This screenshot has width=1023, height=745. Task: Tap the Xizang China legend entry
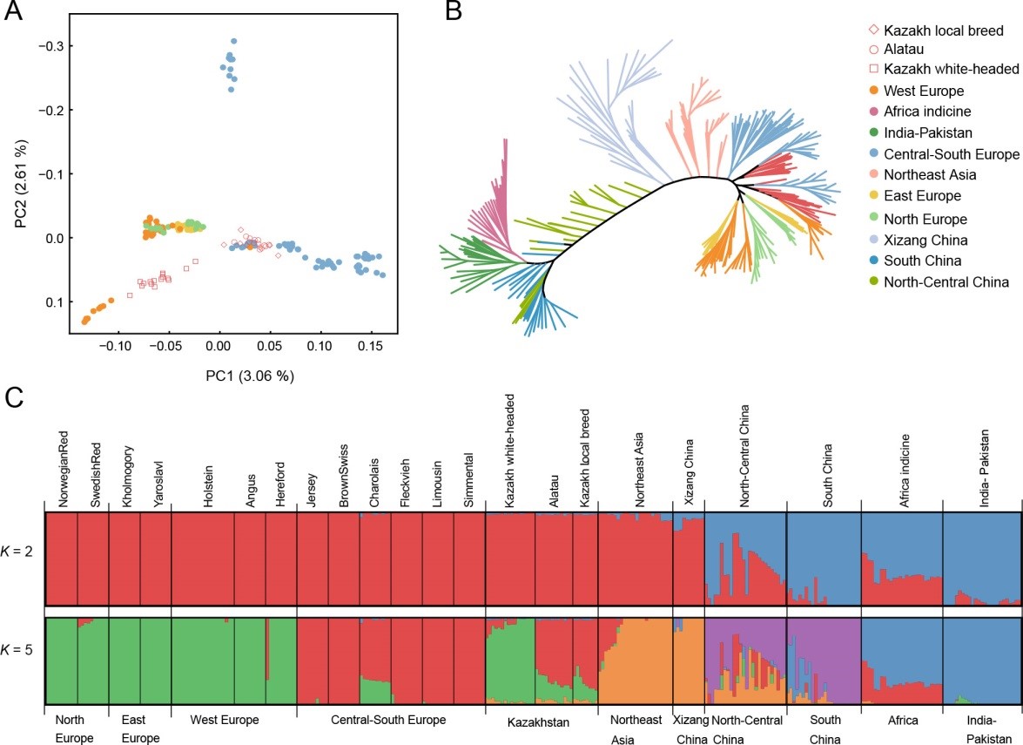click(928, 239)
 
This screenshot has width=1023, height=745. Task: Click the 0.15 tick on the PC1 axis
click(371, 346)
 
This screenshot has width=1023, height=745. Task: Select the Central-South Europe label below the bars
click(391, 720)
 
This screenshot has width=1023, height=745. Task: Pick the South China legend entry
click(922, 261)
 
